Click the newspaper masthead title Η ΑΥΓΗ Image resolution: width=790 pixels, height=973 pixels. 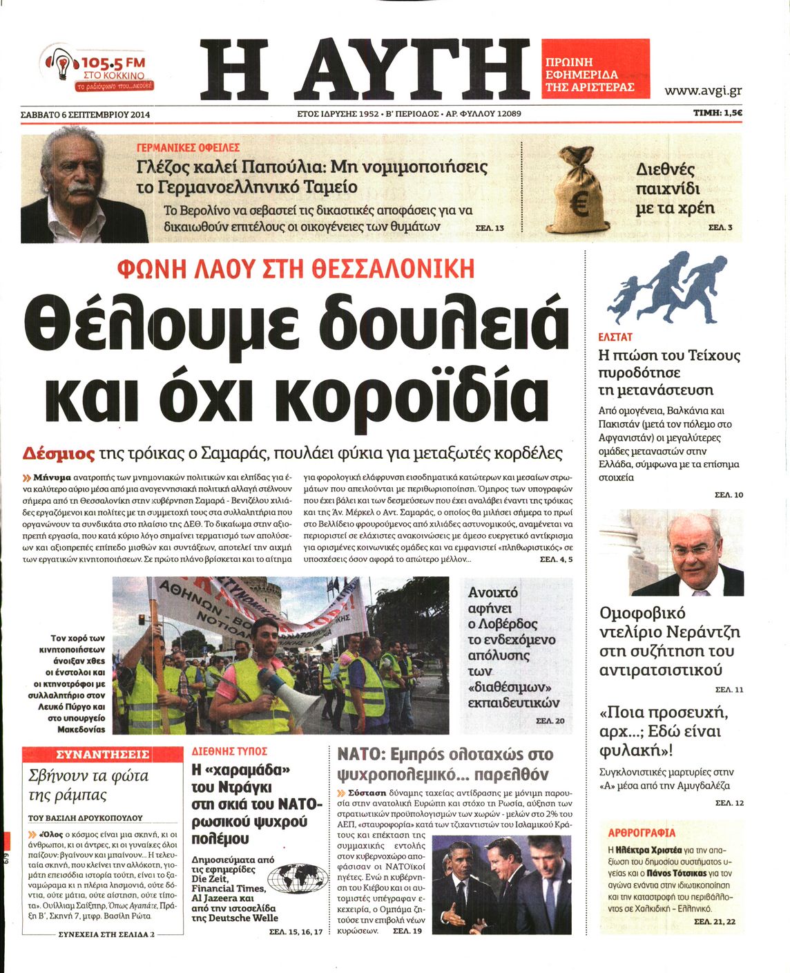(x=364, y=68)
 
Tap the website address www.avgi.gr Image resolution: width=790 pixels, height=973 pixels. (x=703, y=91)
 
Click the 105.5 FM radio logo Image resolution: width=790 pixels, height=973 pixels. (x=99, y=68)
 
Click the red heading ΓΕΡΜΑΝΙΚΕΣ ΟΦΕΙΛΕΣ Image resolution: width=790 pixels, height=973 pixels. (x=188, y=148)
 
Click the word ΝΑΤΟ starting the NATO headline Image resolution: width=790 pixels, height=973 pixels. (x=358, y=754)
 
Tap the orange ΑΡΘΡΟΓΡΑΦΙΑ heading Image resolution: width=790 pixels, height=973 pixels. (x=642, y=833)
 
